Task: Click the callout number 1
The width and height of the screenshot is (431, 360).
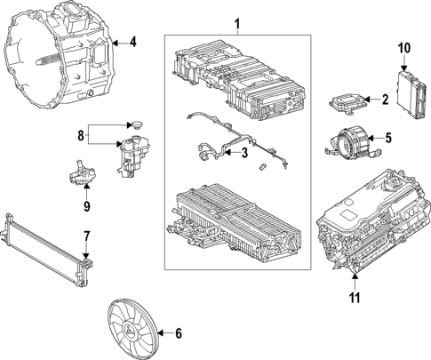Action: coord(236,22)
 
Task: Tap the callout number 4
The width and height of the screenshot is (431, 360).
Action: coord(132,42)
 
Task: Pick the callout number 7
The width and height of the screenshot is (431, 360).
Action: coord(87,237)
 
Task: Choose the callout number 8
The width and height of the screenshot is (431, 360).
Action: coord(80,137)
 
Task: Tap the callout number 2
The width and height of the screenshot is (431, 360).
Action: coord(384,100)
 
